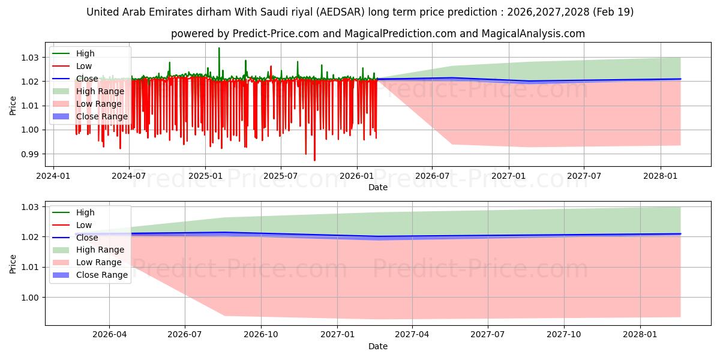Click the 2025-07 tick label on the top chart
pyautogui.click(x=281, y=176)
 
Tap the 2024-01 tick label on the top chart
pyautogui.click(x=53, y=176)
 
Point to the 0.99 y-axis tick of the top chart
pyautogui.click(x=29, y=154)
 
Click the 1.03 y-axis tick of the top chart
pyautogui.click(x=29, y=58)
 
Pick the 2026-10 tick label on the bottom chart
pyautogui.click(x=260, y=335)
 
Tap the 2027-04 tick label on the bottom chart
pyautogui.click(x=412, y=335)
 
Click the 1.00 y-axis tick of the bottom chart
pyautogui.click(x=29, y=298)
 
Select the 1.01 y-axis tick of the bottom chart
pyautogui.click(x=29, y=268)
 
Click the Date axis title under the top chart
pyautogui.click(x=377, y=187)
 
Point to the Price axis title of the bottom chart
pyautogui.click(x=13, y=264)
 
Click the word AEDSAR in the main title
pyautogui.click(x=340, y=12)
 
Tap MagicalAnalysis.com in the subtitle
pyautogui.click(x=533, y=34)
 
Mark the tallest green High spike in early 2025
pyautogui.click(x=219, y=48)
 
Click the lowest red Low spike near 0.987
pyautogui.click(x=314, y=160)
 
